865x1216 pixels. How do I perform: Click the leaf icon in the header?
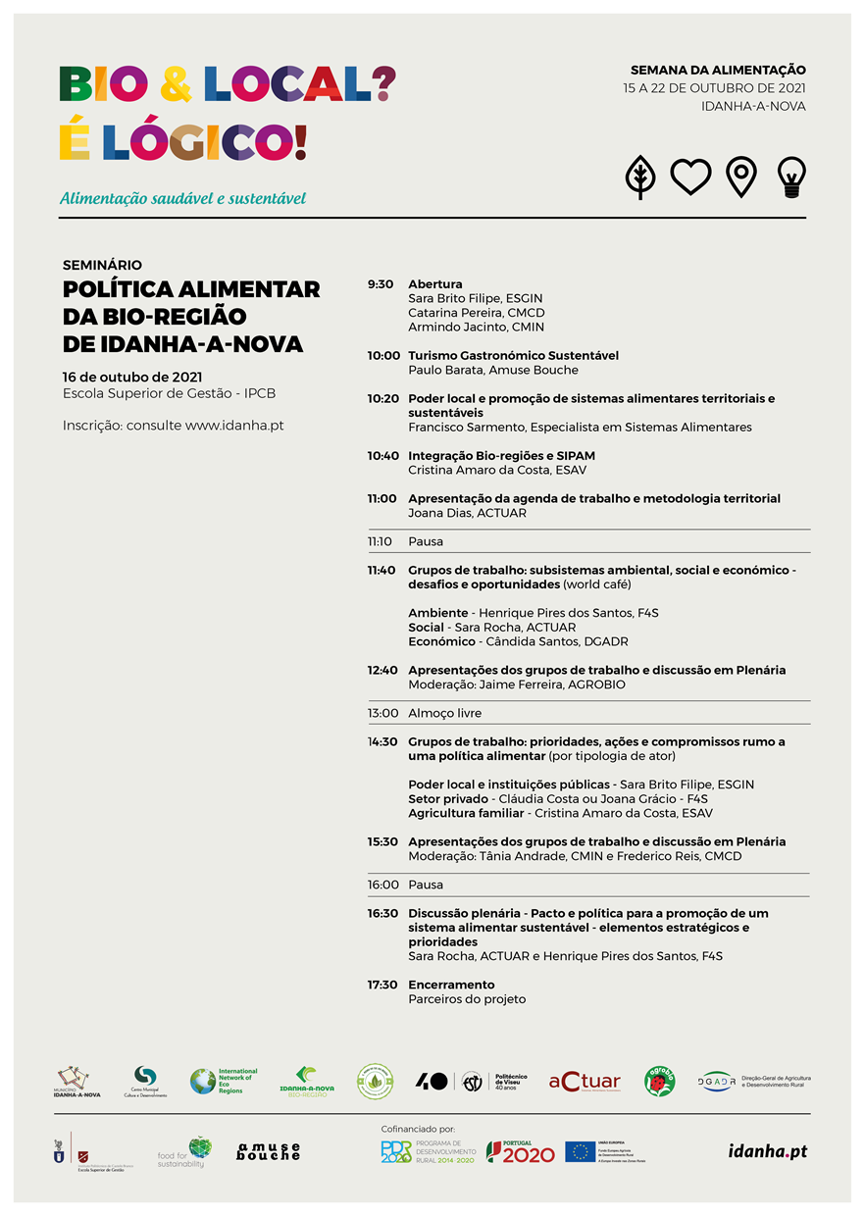(x=639, y=177)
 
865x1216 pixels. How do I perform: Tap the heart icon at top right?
(x=690, y=177)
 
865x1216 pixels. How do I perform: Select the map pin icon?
(x=740, y=177)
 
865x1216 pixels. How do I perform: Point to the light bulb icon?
(x=790, y=177)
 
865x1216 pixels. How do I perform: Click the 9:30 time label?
(x=380, y=284)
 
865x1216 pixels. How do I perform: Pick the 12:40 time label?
(x=382, y=671)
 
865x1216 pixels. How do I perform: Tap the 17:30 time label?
(x=382, y=985)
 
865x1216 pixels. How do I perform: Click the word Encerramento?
(x=451, y=985)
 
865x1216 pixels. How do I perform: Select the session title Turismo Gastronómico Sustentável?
(x=513, y=355)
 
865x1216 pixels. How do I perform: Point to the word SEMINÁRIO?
(x=102, y=265)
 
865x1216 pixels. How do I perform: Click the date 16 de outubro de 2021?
(x=131, y=377)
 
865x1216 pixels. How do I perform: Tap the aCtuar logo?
(x=585, y=1082)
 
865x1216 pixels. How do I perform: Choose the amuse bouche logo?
(x=268, y=1151)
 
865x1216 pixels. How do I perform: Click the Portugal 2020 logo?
(x=520, y=1152)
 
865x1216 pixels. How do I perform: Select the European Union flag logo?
(x=581, y=1151)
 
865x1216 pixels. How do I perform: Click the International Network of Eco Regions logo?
(x=224, y=1081)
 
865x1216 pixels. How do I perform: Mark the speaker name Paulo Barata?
(x=440, y=370)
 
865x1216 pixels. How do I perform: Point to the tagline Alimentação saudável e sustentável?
(x=182, y=198)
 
